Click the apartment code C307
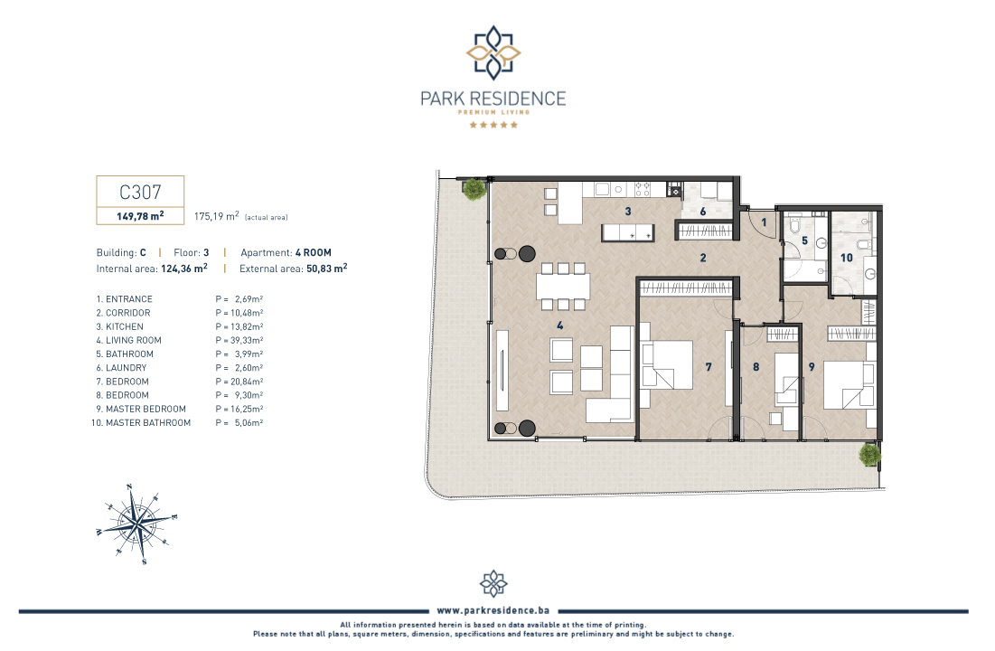pos(140,192)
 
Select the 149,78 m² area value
pos(140,216)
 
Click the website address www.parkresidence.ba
pos(493,610)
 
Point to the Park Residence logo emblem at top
pos(493,52)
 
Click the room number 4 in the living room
pos(559,325)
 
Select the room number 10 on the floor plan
pos(847,257)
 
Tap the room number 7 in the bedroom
pos(709,366)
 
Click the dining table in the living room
pos(563,286)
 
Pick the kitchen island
pos(627,232)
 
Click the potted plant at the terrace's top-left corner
pos(474,189)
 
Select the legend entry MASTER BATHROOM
pos(148,422)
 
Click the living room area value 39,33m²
pos(246,341)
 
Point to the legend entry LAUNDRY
pos(126,368)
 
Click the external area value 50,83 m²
pos(327,268)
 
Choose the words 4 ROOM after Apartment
pos(314,252)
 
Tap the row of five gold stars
pos(493,125)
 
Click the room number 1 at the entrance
pos(764,222)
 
